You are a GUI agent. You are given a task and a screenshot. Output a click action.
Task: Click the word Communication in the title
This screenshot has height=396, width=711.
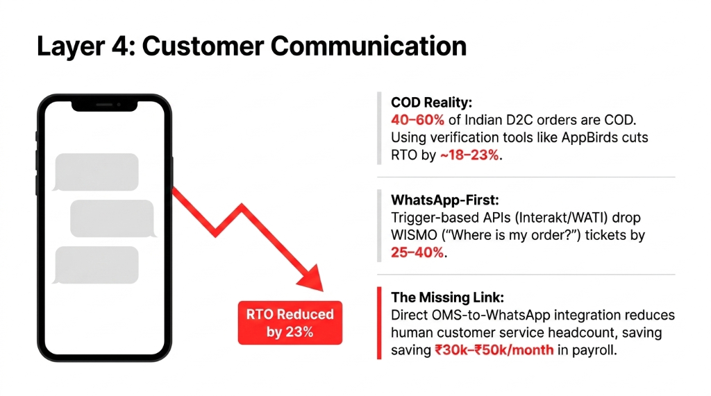pos(367,46)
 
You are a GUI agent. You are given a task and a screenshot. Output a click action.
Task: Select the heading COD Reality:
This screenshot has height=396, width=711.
pos(432,103)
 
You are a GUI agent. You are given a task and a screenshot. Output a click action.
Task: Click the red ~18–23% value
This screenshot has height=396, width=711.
pos(469,155)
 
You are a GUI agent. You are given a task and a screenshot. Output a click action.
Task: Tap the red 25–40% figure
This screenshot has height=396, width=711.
pos(417,253)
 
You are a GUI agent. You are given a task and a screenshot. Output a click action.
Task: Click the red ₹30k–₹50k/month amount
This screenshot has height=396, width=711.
pos(494,350)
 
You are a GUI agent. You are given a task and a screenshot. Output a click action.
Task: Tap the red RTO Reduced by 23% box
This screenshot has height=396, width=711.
pos(290,322)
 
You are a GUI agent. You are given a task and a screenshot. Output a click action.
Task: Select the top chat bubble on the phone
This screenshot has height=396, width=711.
pos(97,172)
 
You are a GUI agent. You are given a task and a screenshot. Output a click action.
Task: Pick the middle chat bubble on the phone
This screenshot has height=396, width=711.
pos(112,218)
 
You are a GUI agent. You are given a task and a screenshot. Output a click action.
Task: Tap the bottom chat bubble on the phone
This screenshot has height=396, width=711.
pos(97,265)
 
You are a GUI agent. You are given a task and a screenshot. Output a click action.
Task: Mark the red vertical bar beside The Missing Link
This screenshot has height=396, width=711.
pos(379,322)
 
